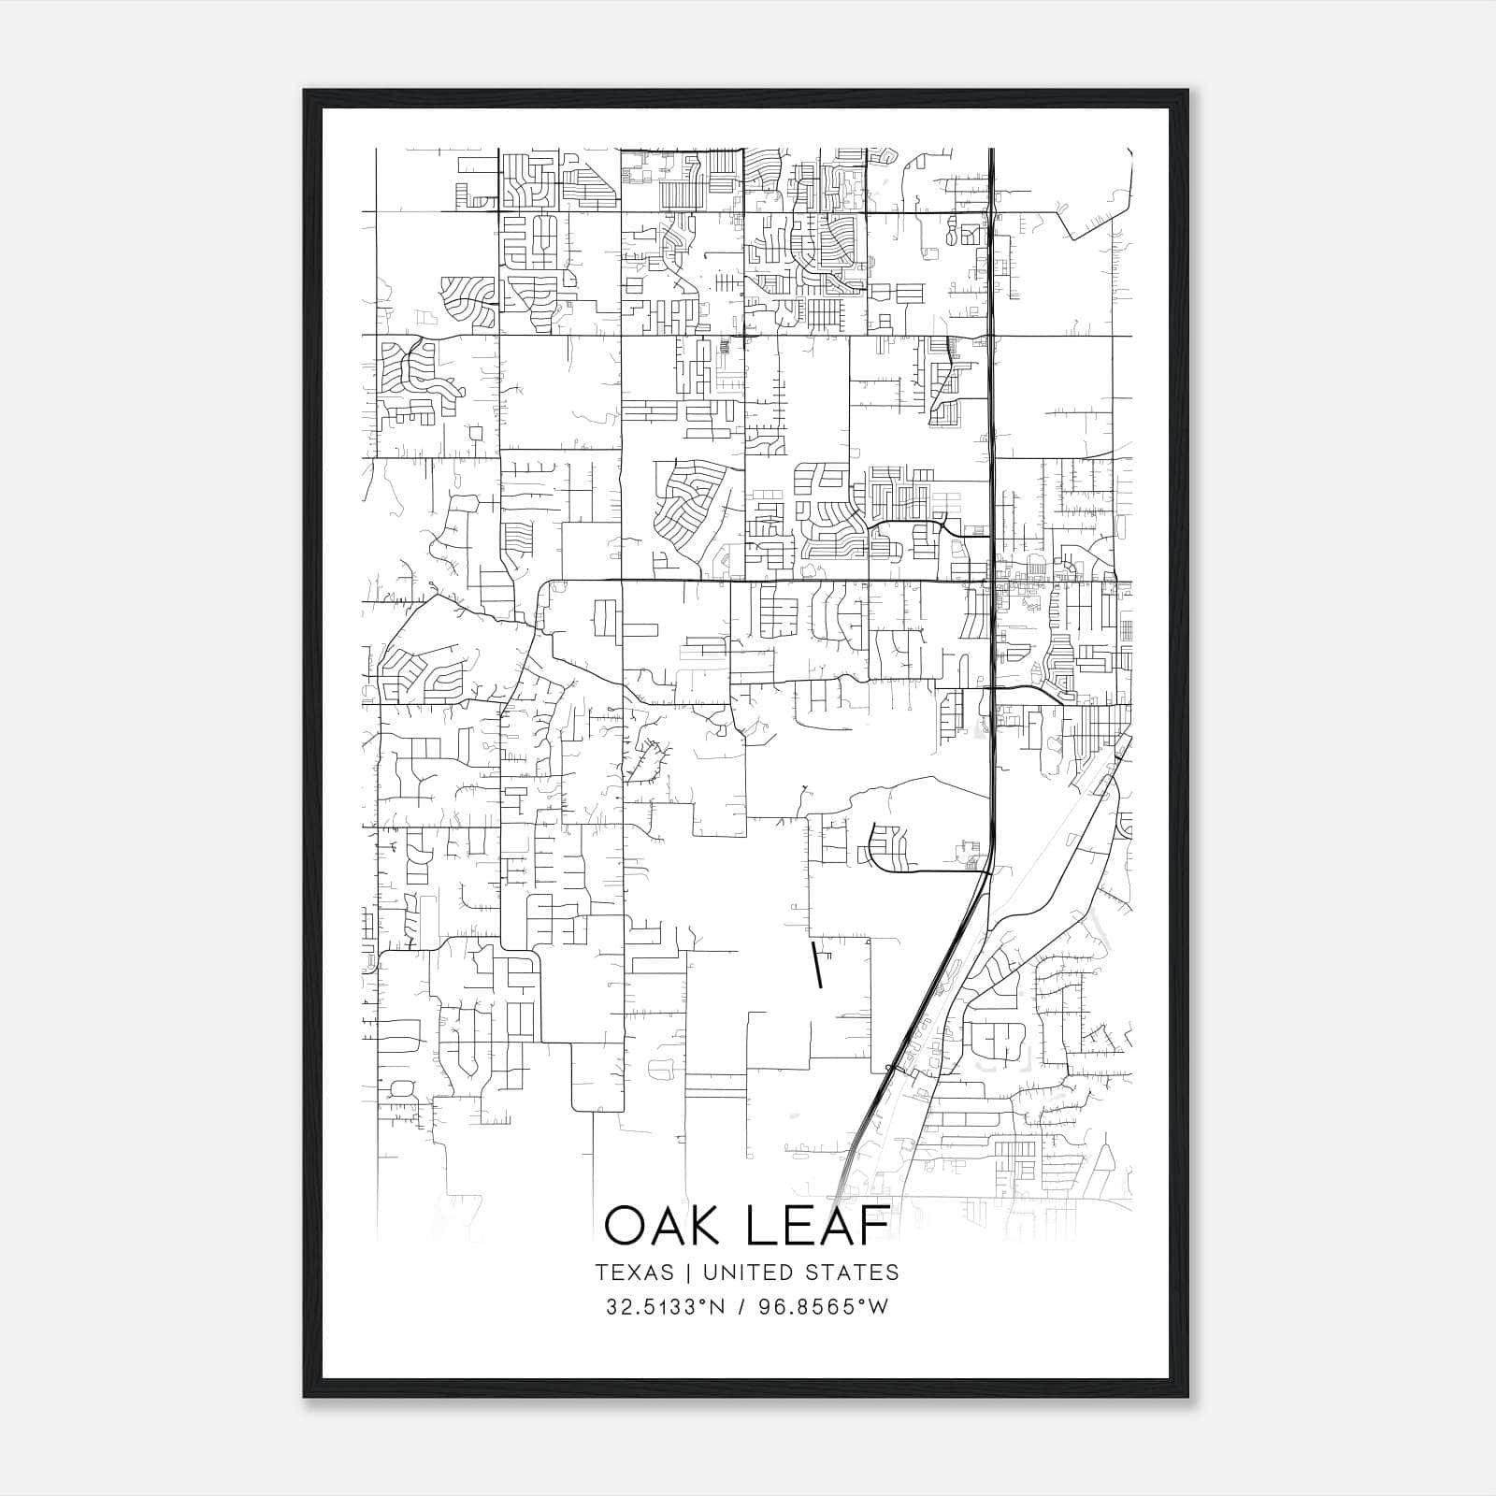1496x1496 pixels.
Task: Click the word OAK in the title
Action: [x=667, y=1227]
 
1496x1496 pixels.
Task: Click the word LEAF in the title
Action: [x=815, y=1227]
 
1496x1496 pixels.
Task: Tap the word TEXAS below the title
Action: [x=634, y=1273]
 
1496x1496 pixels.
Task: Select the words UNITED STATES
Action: [x=800, y=1273]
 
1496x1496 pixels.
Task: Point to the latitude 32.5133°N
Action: [x=666, y=1307]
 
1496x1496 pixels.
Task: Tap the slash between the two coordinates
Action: [x=741, y=1307]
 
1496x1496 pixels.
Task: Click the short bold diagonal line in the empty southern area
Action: [x=817, y=966]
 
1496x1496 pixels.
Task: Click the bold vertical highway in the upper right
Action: [x=991, y=374]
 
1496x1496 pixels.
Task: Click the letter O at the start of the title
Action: [x=626, y=1227]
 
